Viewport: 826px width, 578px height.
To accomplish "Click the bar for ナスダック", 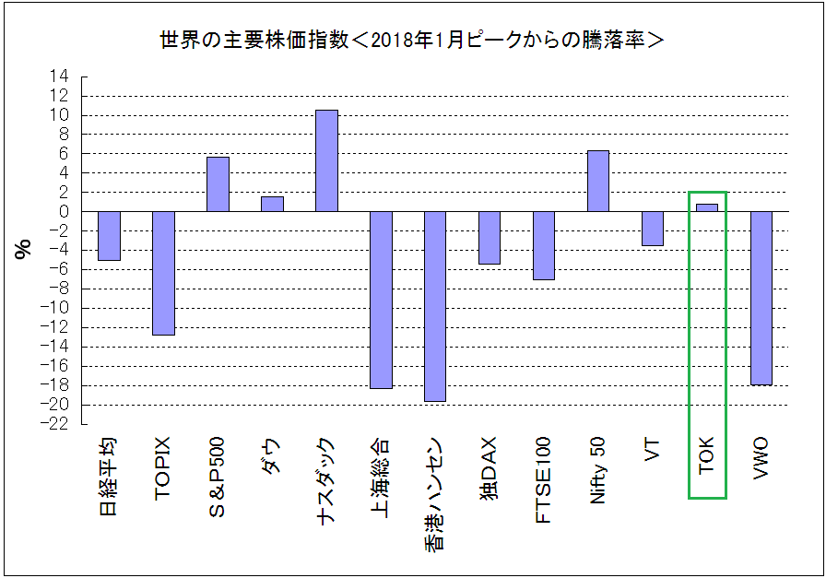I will [326, 160].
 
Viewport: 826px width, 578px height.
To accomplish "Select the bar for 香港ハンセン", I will [435, 306].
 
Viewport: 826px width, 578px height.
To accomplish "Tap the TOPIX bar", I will [163, 273].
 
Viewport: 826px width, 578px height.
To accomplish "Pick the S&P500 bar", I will [218, 184].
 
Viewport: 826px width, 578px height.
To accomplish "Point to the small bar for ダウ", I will [272, 204].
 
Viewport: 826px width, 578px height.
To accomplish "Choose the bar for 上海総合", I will [381, 300].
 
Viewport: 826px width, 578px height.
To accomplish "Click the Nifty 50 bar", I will [598, 181].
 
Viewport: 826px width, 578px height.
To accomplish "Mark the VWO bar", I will [761, 298].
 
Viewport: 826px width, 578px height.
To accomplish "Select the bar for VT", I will [653, 229].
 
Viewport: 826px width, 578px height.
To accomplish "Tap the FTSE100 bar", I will [544, 245].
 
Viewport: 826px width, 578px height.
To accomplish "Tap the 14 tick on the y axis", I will [60, 77].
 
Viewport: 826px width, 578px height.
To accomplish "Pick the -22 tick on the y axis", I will [57, 424].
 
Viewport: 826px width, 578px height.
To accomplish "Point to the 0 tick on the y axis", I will [64, 211].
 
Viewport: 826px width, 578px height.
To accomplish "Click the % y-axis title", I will [24, 249].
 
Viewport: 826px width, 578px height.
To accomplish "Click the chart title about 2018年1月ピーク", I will [412, 41].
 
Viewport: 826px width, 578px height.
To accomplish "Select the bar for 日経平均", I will [109, 236].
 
